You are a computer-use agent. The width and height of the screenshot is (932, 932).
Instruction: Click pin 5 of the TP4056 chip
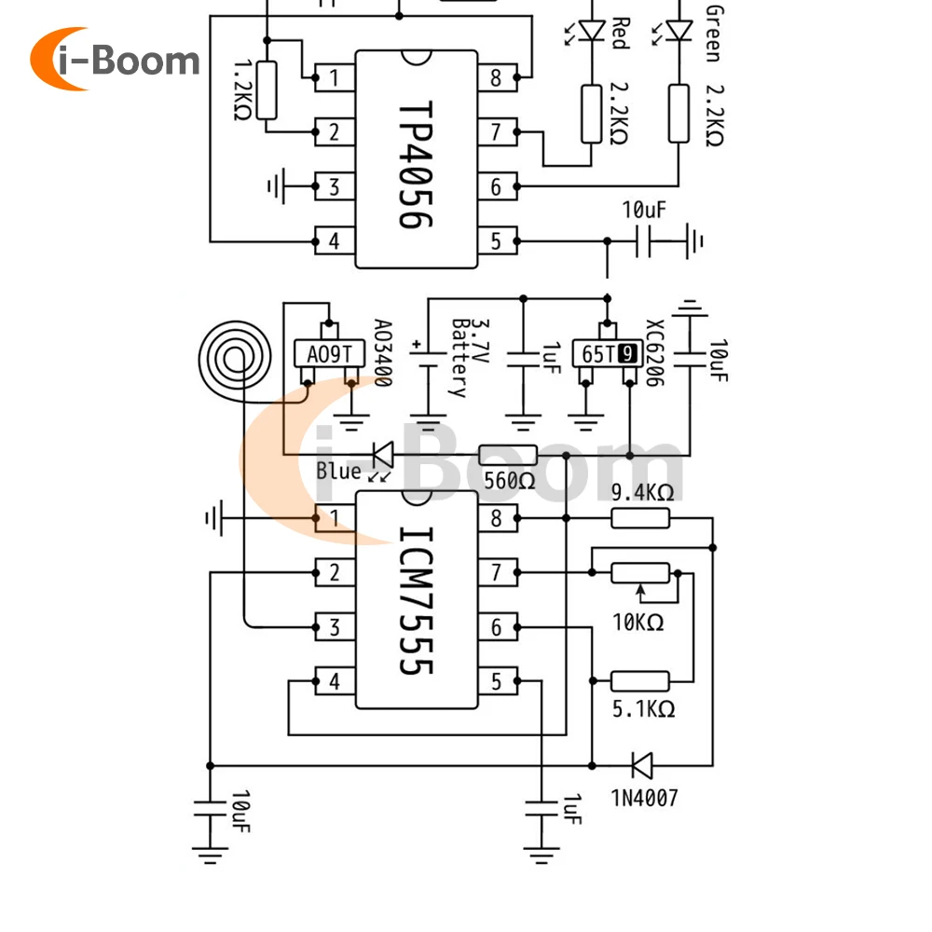(498, 241)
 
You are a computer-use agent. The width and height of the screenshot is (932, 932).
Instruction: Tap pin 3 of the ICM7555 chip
(335, 627)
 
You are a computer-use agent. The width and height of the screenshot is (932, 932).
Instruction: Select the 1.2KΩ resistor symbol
(267, 90)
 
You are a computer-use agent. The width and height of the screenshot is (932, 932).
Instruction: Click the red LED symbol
(592, 31)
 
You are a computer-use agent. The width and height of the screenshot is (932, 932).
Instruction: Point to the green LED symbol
(679, 31)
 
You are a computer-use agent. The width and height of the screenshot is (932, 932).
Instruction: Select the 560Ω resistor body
(508, 456)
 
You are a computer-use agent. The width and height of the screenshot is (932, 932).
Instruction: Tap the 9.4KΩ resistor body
(640, 518)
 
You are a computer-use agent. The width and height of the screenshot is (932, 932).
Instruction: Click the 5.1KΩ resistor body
(640, 681)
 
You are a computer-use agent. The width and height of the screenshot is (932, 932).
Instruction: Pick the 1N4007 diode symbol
(642, 765)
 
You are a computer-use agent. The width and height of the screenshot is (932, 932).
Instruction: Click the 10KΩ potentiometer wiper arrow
(640, 592)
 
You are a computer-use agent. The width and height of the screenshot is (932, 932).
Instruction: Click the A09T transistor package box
(329, 354)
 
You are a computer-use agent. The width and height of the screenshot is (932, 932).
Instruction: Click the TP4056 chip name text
(415, 165)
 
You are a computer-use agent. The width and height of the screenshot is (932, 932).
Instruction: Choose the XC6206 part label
(654, 352)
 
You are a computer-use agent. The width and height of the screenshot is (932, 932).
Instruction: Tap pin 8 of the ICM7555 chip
(498, 518)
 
